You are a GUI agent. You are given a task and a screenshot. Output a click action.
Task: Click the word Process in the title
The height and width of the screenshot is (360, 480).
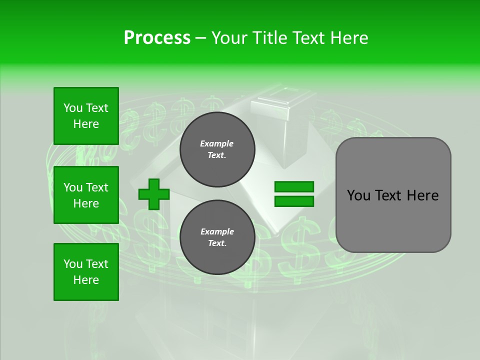tap(157, 38)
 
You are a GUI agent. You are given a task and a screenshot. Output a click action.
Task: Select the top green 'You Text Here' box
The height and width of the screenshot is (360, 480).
tap(86, 116)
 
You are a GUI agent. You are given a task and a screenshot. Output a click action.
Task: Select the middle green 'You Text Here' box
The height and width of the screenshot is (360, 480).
tap(86, 195)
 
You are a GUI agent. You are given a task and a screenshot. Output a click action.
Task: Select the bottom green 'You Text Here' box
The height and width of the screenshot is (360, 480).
tap(86, 272)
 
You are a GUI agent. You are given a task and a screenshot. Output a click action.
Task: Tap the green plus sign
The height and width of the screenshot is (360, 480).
tap(154, 194)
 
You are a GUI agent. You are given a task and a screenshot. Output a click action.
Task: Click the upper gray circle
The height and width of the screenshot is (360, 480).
tap(217, 149)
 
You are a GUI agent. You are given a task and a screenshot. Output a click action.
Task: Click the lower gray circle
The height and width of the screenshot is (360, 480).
tap(217, 237)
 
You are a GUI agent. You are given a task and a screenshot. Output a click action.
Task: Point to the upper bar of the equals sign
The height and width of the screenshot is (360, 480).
tap(294, 187)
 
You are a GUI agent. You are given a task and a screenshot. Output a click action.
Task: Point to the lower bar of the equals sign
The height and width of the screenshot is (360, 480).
tap(294, 201)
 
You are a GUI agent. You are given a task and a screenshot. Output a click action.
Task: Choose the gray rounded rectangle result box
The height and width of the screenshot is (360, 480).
tap(393, 195)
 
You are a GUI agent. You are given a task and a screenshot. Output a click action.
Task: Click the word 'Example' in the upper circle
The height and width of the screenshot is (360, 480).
tap(217, 143)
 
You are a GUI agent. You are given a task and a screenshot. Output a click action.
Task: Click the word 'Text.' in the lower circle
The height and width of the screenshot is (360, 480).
tap(217, 243)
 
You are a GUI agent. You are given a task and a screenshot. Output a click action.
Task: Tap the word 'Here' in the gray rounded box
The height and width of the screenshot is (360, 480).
tap(422, 195)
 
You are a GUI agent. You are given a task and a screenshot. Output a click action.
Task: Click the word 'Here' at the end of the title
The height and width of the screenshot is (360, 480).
tap(348, 38)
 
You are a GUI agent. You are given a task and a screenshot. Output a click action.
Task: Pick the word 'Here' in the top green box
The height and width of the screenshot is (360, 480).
tap(86, 124)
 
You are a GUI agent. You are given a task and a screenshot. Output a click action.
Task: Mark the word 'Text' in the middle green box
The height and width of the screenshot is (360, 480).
tap(97, 187)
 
